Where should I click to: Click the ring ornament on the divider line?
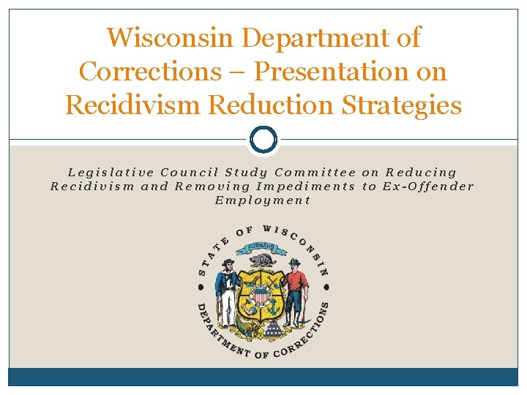pos(263,139)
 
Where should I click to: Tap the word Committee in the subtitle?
pos(315,173)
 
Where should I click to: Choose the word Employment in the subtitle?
pos(263,200)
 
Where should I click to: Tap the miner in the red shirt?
pos(296,290)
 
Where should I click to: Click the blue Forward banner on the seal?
pos(261,247)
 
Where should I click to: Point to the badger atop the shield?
pos(261,260)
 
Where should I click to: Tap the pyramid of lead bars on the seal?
pos(275,330)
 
